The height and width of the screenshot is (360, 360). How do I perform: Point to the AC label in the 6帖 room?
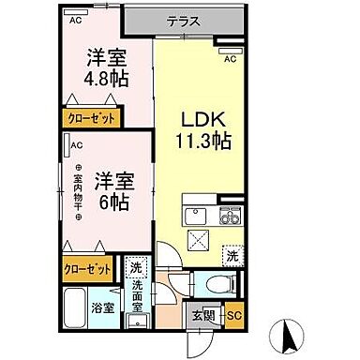point(78,144)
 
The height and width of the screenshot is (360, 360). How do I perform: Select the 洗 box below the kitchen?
point(231,253)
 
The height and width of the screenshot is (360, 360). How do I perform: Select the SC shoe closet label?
point(234,317)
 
